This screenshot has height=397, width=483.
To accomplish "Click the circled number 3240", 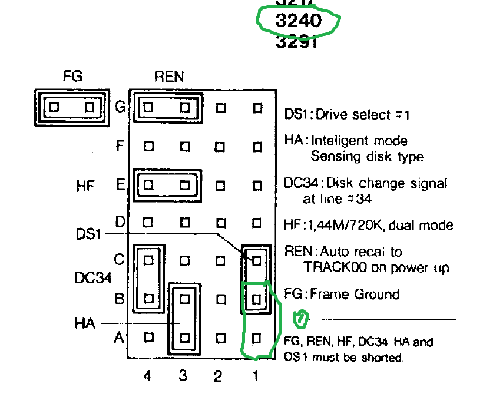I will click(x=299, y=21).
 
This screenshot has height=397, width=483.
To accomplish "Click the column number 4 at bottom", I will click(x=147, y=376).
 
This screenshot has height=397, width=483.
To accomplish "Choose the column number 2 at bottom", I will click(x=219, y=376).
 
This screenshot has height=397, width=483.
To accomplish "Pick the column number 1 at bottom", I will click(x=256, y=376).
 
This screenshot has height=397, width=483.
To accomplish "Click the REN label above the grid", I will click(x=169, y=76).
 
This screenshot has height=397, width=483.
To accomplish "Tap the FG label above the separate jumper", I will click(x=72, y=76).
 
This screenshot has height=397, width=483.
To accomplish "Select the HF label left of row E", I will click(x=85, y=187).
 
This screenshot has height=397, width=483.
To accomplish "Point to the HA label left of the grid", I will click(x=85, y=323).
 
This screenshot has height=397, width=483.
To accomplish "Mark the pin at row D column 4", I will click(x=148, y=223).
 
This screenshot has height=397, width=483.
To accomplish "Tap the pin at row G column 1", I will click(x=256, y=108).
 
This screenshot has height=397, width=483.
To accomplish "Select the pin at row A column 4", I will click(x=148, y=338).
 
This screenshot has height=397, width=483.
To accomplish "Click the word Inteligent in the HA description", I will click(x=338, y=141).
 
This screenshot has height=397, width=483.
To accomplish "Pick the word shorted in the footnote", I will click(x=386, y=356).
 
